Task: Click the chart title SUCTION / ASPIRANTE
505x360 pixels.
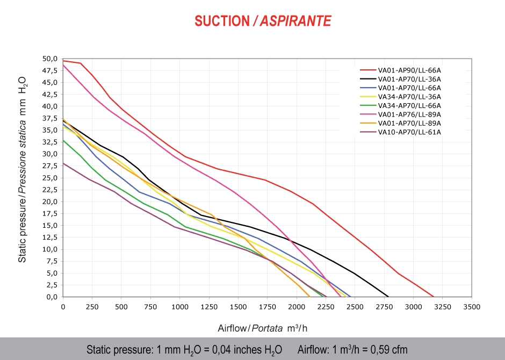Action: tap(263, 21)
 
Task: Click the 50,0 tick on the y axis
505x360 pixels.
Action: tap(50, 59)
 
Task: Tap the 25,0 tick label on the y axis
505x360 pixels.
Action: tap(50, 178)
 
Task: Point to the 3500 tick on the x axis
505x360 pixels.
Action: tap(472, 306)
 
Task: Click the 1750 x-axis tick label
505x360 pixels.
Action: tap(268, 306)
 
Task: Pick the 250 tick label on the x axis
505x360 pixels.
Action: tap(92, 306)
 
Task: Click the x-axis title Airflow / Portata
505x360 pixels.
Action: tap(263, 328)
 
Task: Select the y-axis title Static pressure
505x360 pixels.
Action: tap(23, 169)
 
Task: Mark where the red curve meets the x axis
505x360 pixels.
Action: tap(433, 296)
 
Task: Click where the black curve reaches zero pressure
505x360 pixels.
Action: tap(388, 296)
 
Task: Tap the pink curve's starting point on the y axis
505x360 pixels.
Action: tap(63, 66)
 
